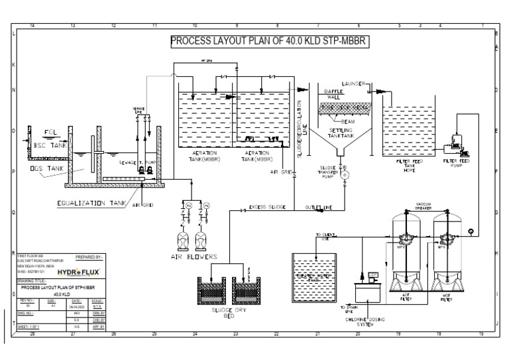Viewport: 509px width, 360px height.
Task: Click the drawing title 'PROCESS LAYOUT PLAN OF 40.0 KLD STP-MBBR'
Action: (x=268, y=41)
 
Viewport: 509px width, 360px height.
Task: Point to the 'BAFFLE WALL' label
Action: (x=333, y=93)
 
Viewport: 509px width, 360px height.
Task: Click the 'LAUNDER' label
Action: (x=354, y=84)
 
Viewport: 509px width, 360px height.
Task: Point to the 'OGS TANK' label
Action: (x=45, y=169)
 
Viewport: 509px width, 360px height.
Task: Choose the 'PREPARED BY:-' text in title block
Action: (x=90, y=256)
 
